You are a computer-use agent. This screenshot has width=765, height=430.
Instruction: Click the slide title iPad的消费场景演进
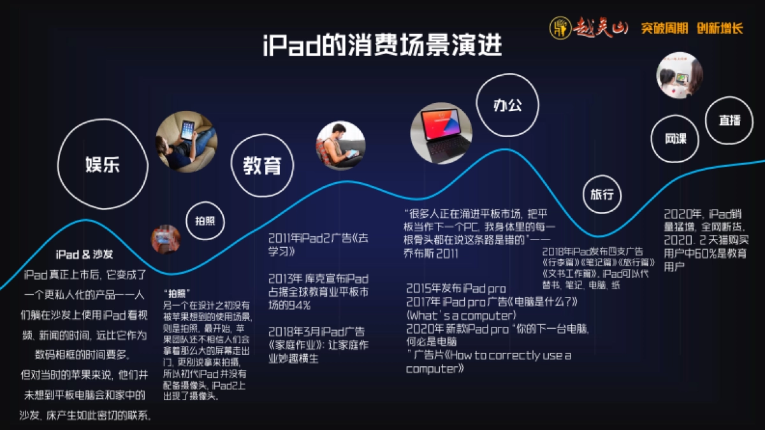(x=382, y=47)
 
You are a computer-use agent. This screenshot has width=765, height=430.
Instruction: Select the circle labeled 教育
(x=261, y=166)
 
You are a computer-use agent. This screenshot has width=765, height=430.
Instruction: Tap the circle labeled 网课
(x=675, y=138)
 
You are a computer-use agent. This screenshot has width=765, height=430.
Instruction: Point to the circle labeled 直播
(x=729, y=119)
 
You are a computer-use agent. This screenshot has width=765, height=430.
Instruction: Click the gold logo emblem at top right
(x=560, y=28)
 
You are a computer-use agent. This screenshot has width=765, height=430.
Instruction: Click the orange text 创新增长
(x=720, y=28)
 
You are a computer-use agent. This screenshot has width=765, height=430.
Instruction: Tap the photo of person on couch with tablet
(x=186, y=141)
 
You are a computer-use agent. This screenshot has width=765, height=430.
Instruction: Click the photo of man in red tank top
(x=341, y=146)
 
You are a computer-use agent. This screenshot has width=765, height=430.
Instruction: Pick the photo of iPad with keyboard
(x=441, y=133)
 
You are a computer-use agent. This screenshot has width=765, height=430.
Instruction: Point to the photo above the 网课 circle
(x=679, y=75)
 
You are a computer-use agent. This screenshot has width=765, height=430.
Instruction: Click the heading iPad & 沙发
(x=84, y=254)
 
